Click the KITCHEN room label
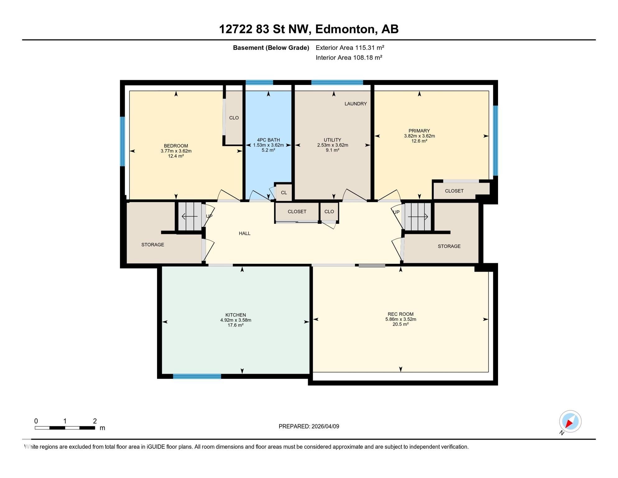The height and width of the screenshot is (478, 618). point(236,315)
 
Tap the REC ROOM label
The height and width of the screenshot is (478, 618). point(400,314)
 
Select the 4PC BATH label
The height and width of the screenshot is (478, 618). point(268,140)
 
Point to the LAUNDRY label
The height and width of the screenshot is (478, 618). point(356,104)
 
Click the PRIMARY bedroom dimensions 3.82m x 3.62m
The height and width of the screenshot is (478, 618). point(419,136)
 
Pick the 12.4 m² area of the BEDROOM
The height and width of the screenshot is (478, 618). point(176,156)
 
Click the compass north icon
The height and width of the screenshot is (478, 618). point(570,422)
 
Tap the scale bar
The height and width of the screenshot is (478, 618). point(65,428)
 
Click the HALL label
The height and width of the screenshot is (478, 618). point(245,233)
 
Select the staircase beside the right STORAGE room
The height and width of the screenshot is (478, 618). point(417,217)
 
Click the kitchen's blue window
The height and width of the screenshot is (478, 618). point(197,376)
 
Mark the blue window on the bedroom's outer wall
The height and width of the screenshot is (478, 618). point(122,141)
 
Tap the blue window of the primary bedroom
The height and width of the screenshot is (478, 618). point(496,141)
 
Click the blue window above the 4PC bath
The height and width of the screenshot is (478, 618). point(259,82)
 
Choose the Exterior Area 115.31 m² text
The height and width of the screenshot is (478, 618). point(350,48)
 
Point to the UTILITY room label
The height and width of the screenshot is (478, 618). point(332,140)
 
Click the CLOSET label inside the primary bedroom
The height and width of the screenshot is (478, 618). point(454,191)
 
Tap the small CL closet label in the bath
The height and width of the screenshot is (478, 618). point(284,193)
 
